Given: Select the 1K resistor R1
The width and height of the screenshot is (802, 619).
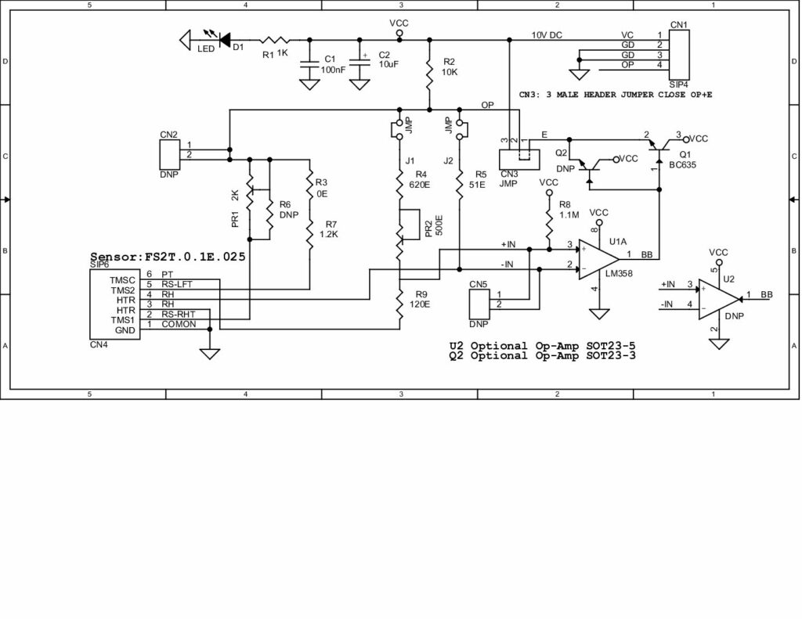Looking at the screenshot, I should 275,39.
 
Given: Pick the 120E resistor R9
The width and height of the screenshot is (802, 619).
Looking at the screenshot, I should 399,307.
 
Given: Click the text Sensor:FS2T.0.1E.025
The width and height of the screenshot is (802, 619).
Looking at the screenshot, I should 168,256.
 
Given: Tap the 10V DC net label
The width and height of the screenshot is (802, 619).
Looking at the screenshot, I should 547,35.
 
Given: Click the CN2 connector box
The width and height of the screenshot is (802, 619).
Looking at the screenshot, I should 169,153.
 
